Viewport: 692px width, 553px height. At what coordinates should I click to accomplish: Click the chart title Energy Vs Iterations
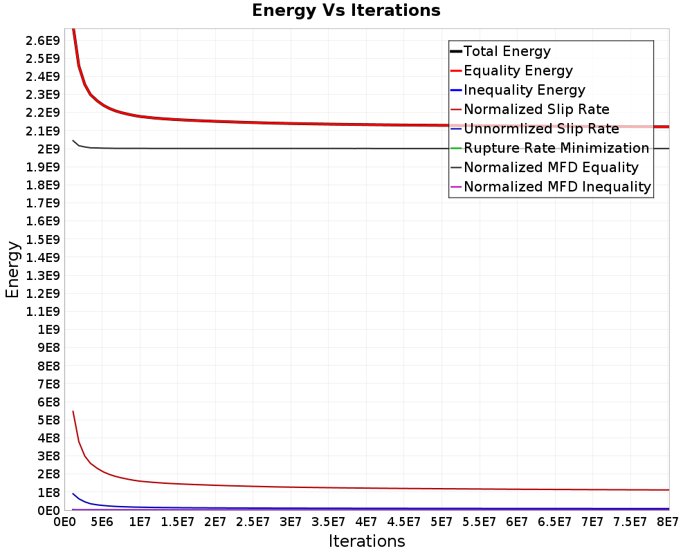pyautogui.click(x=346, y=10)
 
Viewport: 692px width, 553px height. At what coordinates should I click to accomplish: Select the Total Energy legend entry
pyautogui.click(x=500, y=51)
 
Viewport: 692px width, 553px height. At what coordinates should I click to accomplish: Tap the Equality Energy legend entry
pyautogui.click(x=511, y=71)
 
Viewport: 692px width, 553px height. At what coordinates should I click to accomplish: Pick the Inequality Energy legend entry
pyautogui.click(x=518, y=90)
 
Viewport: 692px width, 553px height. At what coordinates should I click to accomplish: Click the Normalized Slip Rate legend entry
pyautogui.click(x=530, y=109)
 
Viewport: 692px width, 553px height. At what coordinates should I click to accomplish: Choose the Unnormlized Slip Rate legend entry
pyautogui.click(x=535, y=129)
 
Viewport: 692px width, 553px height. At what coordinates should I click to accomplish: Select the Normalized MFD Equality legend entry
pyautogui.click(x=545, y=167)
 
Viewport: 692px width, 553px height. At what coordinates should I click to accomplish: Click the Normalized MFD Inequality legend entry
pyautogui.click(x=551, y=187)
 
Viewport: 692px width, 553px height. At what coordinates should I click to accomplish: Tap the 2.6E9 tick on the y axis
pyautogui.click(x=42, y=41)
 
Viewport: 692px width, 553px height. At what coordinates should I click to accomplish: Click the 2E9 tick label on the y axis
pyautogui.click(x=48, y=149)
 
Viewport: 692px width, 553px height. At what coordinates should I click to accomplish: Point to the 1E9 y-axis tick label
pyautogui.click(x=48, y=330)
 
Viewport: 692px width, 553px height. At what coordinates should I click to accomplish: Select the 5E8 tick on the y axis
pyautogui.click(x=48, y=420)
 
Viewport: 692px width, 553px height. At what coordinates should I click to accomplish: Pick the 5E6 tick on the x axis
pyautogui.click(x=102, y=522)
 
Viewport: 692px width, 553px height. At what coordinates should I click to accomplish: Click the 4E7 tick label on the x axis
pyautogui.click(x=366, y=522)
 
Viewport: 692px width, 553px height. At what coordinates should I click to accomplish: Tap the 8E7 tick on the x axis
pyautogui.click(x=667, y=522)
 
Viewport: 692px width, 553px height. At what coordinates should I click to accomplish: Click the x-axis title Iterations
pyautogui.click(x=367, y=541)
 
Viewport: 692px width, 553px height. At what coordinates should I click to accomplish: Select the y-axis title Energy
pyautogui.click(x=12, y=270)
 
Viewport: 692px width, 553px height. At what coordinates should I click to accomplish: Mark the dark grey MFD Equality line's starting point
pyautogui.click(x=73, y=141)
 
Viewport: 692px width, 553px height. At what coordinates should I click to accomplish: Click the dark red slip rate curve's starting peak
pyautogui.click(x=73, y=411)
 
